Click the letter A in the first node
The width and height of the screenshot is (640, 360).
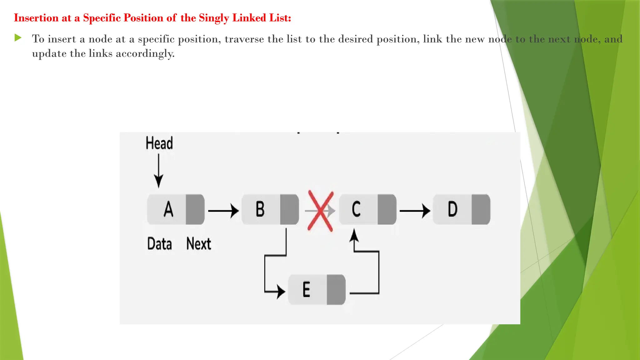pos(168,209)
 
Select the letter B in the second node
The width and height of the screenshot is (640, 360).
pos(260,209)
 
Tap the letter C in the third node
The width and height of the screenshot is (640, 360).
pos(356,209)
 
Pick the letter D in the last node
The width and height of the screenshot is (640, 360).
pos(452,209)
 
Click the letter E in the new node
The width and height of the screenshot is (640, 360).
pos(307,289)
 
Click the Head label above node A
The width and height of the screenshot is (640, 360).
pos(159,143)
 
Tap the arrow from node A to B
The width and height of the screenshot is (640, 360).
pos(223,211)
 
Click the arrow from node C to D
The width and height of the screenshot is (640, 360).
pos(414,211)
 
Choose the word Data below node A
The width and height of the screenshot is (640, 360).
pos(159,244)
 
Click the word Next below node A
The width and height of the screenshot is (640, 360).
pos(199,244)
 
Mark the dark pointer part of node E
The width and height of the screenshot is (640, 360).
pos(336,290)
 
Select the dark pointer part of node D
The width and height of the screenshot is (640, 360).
pos(481,209)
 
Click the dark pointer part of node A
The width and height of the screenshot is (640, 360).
pos(195,209)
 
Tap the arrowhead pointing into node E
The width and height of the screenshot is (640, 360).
pos(281,292)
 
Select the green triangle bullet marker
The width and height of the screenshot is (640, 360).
pos(18,38)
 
